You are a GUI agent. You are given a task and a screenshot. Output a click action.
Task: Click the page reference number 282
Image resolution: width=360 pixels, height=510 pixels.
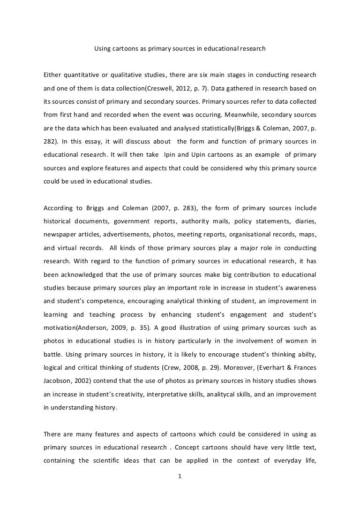(49, 141)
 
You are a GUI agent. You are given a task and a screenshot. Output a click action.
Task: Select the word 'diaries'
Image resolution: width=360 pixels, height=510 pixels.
(305, 221)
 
